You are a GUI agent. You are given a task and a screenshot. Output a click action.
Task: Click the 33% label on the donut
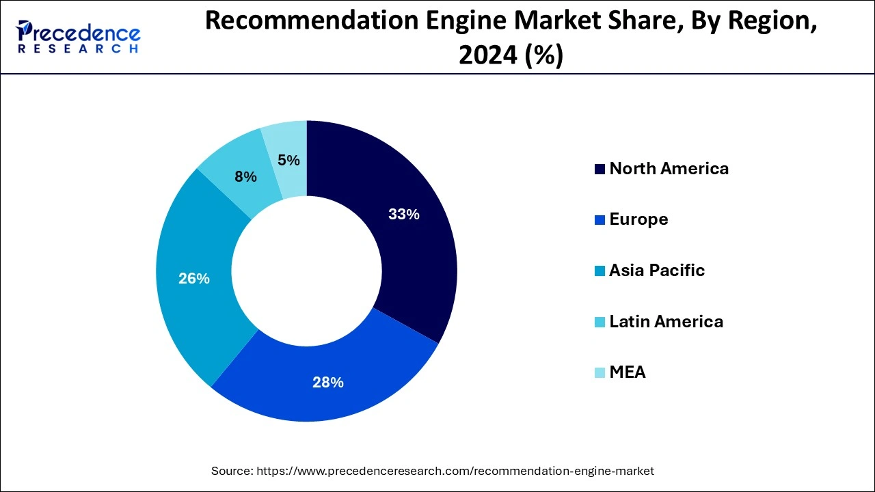[403, 215]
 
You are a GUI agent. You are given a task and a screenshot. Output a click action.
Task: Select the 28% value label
[327, 383]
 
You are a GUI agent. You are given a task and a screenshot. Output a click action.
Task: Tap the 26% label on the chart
[193, 279]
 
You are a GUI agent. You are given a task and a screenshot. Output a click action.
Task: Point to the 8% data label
[245, 177]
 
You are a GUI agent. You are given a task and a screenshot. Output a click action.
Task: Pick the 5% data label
[288, 161]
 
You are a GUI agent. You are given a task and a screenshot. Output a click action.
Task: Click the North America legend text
[669, 169]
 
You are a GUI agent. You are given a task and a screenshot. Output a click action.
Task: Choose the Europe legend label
[638, 219]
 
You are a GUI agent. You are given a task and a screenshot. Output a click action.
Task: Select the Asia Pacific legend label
[657, 271]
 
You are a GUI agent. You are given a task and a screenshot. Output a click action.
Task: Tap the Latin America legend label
[666, 321]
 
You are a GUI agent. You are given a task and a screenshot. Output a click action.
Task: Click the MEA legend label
[628, 372]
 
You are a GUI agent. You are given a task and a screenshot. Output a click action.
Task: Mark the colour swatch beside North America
[600, 169]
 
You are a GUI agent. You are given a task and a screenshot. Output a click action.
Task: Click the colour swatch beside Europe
[600, 220]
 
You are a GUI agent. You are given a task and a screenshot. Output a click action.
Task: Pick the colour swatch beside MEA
[600, 373]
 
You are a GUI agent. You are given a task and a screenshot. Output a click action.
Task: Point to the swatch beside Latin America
[600, 322]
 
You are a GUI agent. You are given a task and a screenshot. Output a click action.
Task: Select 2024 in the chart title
[486, 55]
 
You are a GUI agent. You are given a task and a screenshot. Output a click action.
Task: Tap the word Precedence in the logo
[85, 33]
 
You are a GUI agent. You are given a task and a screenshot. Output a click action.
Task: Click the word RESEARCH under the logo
[79, 49]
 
